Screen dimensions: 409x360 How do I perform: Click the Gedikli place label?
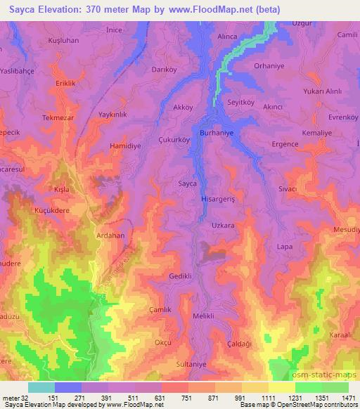click(x=181, y=276)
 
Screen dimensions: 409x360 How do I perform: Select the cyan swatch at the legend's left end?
click(x=41, y=387)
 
